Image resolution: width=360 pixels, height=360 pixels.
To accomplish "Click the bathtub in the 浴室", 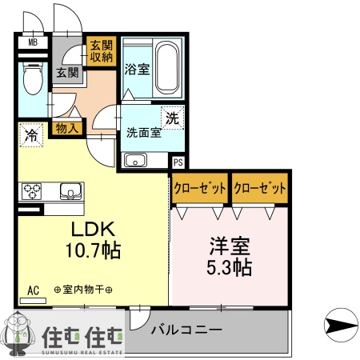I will (x=168, y=68).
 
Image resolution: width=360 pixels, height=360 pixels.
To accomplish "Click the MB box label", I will (x=33, y=42).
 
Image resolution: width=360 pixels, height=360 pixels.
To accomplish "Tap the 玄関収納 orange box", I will (x=102, y=51).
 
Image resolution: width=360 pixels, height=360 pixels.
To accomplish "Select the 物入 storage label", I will (x=67, y=127).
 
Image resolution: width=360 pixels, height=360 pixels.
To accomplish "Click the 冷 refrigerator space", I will (x=30, y=135).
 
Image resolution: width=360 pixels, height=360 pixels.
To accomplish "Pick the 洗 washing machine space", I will (x=172, y=116).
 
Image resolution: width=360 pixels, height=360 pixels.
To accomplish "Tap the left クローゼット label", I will (x=200, y=188).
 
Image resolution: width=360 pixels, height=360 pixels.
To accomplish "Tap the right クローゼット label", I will (x=260, y=188).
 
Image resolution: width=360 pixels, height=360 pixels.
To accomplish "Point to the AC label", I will (x=34, y=290).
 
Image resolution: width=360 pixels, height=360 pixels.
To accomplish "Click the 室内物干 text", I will (x=82, y=290).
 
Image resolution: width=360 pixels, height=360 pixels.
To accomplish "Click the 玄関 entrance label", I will (x=67, y=73).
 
